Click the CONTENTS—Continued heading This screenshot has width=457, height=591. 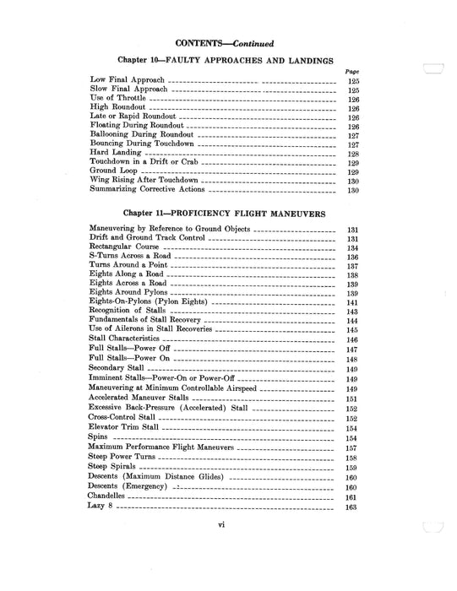224,42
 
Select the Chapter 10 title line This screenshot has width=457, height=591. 224,61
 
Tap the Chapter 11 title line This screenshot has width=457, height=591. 224,214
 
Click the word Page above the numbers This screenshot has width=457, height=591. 353,72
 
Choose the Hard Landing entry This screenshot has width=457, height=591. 115,154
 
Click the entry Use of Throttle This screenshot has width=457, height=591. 117,99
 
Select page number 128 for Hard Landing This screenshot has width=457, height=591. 354,154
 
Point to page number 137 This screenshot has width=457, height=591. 353,266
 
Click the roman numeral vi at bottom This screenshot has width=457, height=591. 221,549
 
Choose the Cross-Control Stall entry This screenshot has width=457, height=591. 122,418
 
